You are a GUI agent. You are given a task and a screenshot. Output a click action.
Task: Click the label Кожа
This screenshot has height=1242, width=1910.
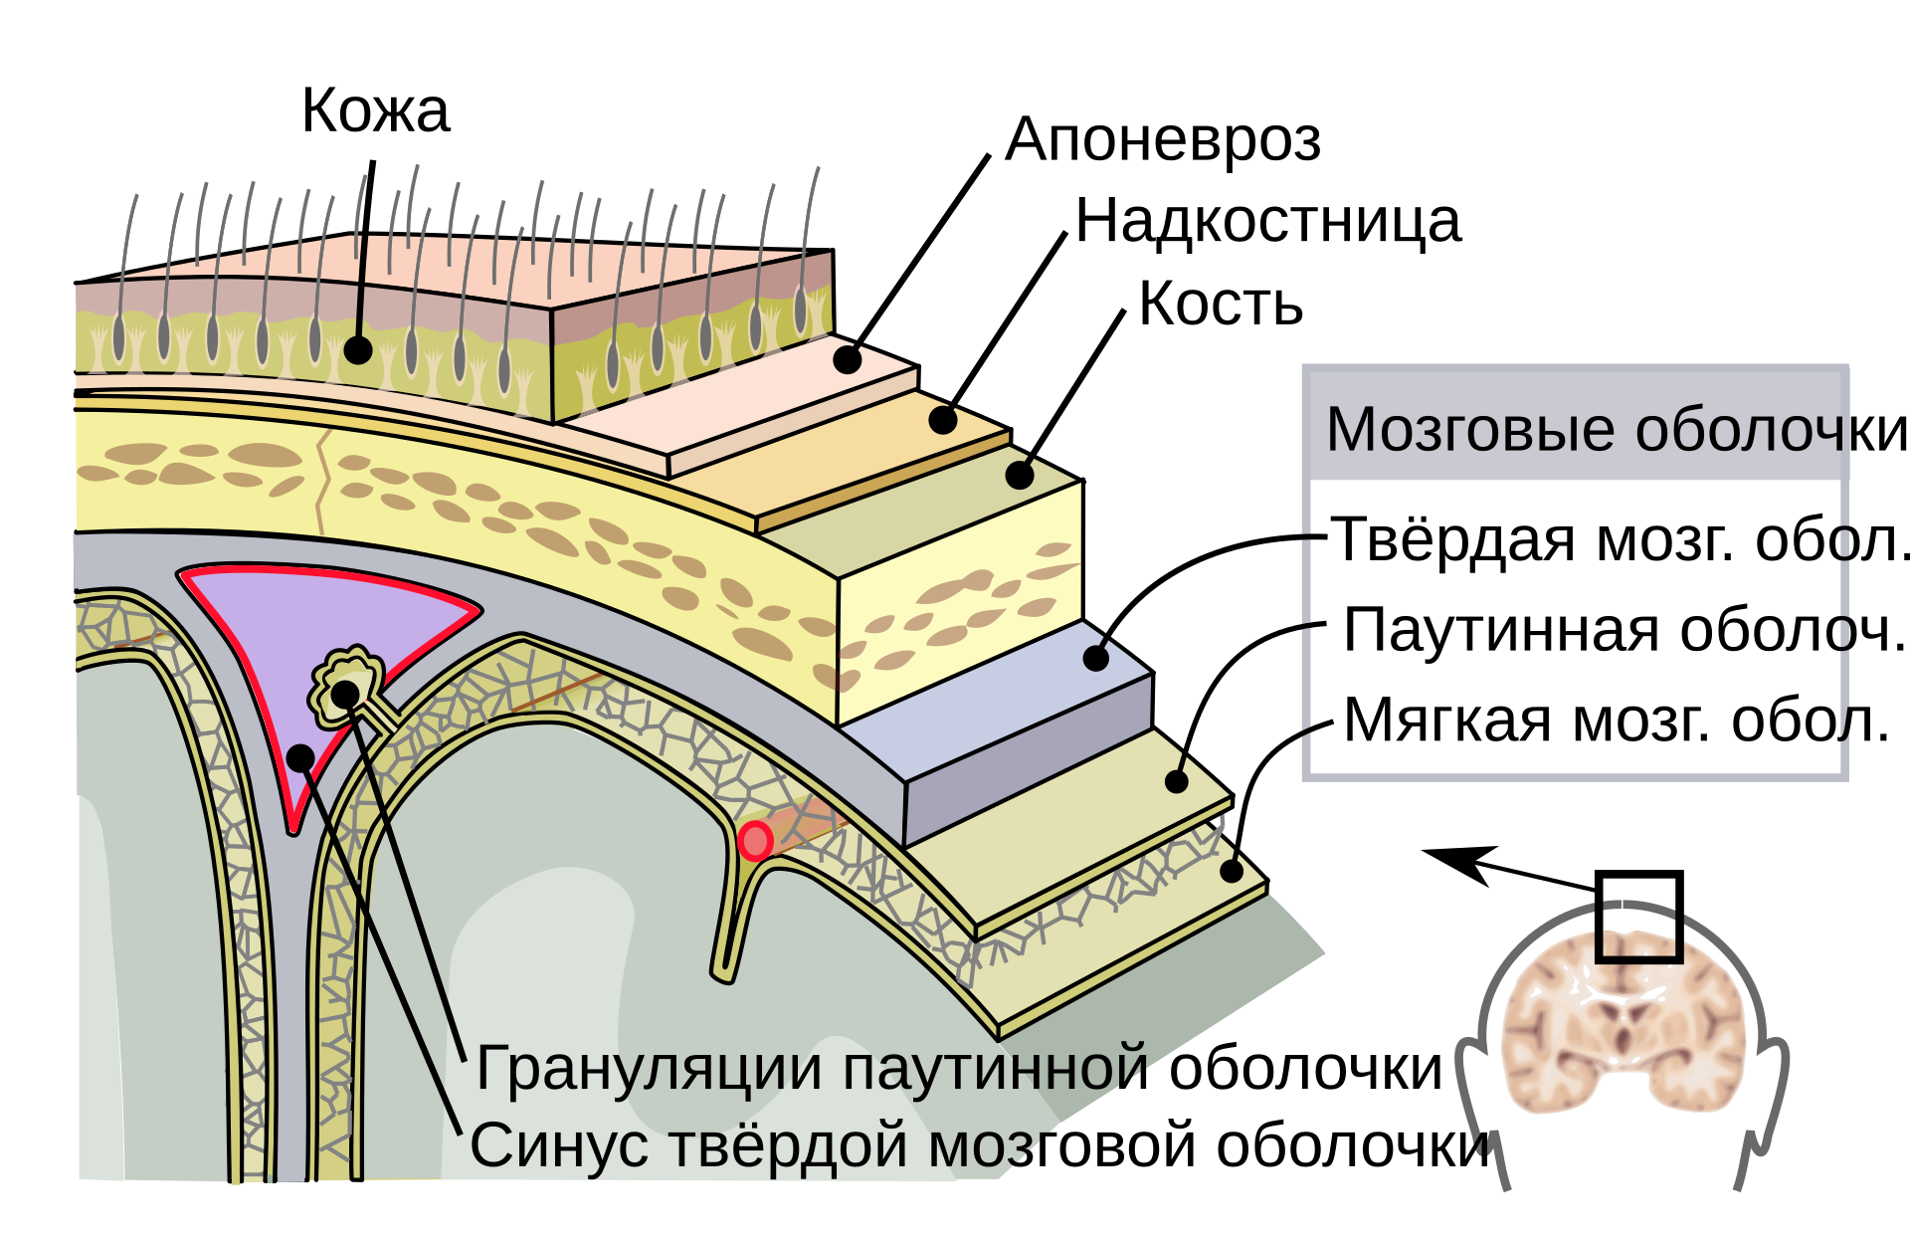(x=375, y=109)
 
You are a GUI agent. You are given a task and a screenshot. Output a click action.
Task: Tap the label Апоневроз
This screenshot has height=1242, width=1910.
(x=1163, y=140)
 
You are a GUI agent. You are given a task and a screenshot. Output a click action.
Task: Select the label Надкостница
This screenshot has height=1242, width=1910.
(x=1268, y=221)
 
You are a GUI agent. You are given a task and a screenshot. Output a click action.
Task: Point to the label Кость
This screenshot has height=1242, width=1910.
(x=1221, y=303)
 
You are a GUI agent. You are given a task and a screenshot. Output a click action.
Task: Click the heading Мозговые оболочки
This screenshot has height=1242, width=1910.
(x=1617, y=430)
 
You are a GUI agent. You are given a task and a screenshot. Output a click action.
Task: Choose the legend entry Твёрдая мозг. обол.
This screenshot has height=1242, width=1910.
(x=1620, y=539)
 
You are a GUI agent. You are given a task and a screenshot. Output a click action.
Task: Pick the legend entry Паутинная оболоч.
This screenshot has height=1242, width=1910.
(x=1623, y=630)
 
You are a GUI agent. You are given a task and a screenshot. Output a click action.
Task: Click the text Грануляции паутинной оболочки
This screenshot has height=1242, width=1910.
(x=959, y=1070)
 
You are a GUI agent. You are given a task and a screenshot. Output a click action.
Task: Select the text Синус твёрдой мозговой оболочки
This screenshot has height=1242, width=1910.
(x=981, y=1145)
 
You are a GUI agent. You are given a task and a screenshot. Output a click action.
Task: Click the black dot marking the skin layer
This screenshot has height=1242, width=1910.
(x=358, y=350)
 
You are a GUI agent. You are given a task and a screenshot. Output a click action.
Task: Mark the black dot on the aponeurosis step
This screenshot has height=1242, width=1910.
(x=848, y=359)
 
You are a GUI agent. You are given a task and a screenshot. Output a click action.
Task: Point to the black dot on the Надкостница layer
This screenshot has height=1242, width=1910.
(x=943, y=420)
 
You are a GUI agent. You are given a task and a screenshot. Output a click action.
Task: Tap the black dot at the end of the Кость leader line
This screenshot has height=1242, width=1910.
(x=1020, y=475)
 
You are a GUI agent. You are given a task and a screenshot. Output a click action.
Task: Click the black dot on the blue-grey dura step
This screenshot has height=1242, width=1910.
(x=1096, y=658)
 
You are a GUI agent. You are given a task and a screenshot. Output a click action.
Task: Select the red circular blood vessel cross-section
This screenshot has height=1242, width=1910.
(x=756, y=841)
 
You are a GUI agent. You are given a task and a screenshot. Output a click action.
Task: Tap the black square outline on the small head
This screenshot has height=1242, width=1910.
(x=1638, y=917)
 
